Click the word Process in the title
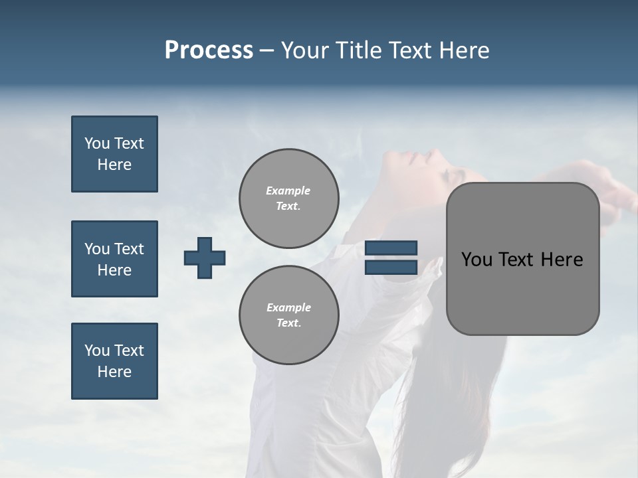click(209, 50)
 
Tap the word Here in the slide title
click(463, 50)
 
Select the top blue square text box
click(114, 154)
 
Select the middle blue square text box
click(114, 259)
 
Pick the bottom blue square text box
click(114, 361)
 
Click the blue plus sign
click(205, 258)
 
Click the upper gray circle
click(289, 199)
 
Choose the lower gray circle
click(289, 315)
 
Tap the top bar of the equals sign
click(391, 248)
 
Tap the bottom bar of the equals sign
click(391, 267)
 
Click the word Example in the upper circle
click(288, 191)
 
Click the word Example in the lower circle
click(288, 307)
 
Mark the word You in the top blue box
click(96, 143)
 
